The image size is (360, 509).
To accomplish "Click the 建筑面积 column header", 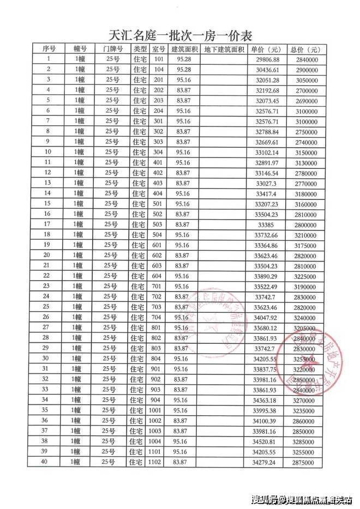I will coord(185,49).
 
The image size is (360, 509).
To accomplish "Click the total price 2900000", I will coord(303,69).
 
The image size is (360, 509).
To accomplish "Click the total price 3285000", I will coord(303,441).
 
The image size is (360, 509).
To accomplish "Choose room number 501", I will coord(159,203).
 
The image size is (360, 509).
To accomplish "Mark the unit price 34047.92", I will coord(267,317).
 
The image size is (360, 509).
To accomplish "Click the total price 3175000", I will coord(303,245).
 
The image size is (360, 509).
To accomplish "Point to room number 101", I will coord(159,59).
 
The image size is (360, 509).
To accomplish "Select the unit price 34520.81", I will coord(267,441).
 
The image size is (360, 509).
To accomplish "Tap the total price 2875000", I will coord(303,462).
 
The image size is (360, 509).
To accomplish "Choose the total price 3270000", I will coord(303,400).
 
